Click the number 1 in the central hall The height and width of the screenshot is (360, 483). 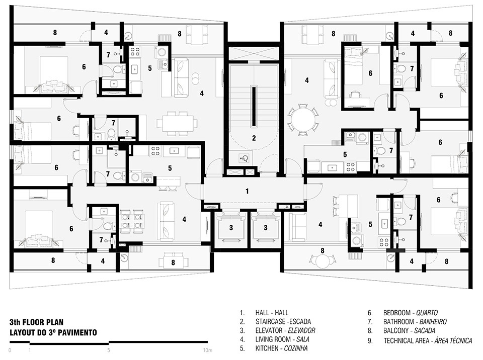(247, 191)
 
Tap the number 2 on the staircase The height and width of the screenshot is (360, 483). (254, 138)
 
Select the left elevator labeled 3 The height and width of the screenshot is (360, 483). (231, 228)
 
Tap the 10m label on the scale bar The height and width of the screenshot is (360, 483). (208, 350)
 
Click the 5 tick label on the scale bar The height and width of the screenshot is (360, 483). (109, 350)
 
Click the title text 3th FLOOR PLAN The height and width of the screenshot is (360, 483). (36, 322)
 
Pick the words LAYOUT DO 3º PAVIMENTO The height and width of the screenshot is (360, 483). (53, 332)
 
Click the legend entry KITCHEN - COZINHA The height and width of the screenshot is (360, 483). (282, 348)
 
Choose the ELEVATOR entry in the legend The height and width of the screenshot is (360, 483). (285, 331)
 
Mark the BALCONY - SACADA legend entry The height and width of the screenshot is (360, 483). (409, 331)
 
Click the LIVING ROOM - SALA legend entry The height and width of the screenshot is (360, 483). (282, 339)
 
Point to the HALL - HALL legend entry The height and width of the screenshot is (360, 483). (272, 313)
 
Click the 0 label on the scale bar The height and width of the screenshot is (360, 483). (10, 350)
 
